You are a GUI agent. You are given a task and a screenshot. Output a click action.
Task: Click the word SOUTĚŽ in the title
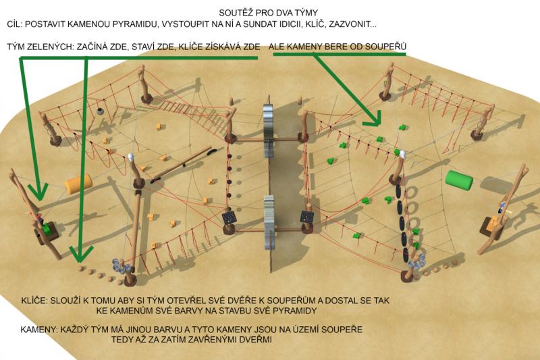click(234, 13)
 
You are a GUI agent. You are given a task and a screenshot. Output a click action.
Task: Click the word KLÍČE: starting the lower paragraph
click(34, 301)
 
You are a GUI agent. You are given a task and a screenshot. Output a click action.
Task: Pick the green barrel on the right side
click(459, 179)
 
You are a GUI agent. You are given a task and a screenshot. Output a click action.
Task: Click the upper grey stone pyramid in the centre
click(269, 131)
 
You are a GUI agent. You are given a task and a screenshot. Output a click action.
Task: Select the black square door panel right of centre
click(307, 217)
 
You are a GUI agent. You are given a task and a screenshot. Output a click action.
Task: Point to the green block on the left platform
click(47, 229)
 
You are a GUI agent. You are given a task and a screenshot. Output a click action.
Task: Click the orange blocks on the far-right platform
click(495, 223)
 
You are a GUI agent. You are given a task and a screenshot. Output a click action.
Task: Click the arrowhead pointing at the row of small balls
click(81, 253)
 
